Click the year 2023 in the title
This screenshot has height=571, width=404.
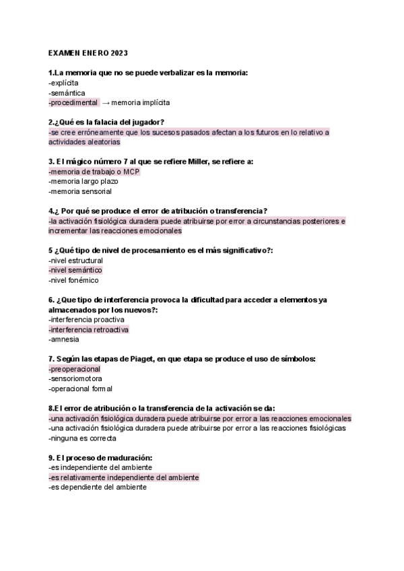[x=118, y=53]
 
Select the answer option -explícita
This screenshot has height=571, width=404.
[x=63, y=82]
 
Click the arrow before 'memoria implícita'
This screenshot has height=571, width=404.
[x=105, y=102]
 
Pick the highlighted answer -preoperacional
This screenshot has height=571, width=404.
[x=74, y=369]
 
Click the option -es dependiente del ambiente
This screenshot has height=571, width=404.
[x=97, y=487]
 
